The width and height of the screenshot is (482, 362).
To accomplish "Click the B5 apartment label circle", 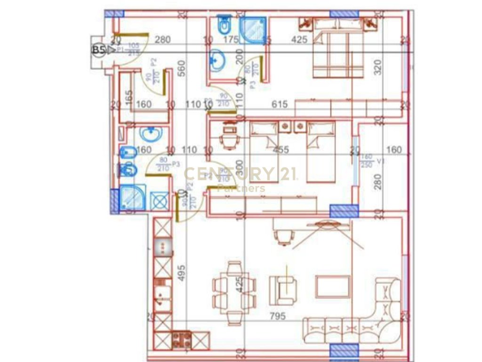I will coord(98,50).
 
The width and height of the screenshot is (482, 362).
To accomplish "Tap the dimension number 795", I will coord(278,316).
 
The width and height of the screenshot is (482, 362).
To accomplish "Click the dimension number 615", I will coord(280,105).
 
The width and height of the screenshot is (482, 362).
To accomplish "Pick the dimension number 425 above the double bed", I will coord(299,40).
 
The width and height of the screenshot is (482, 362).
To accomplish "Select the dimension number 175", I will coord(231,40).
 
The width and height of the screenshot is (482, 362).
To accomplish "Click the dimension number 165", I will coord(128,97).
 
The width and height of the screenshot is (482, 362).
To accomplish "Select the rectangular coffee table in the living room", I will coord(333,287).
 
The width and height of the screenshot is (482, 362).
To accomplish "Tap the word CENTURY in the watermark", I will coord(228,174).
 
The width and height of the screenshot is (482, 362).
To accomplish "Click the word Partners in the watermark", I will coord(241,189).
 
